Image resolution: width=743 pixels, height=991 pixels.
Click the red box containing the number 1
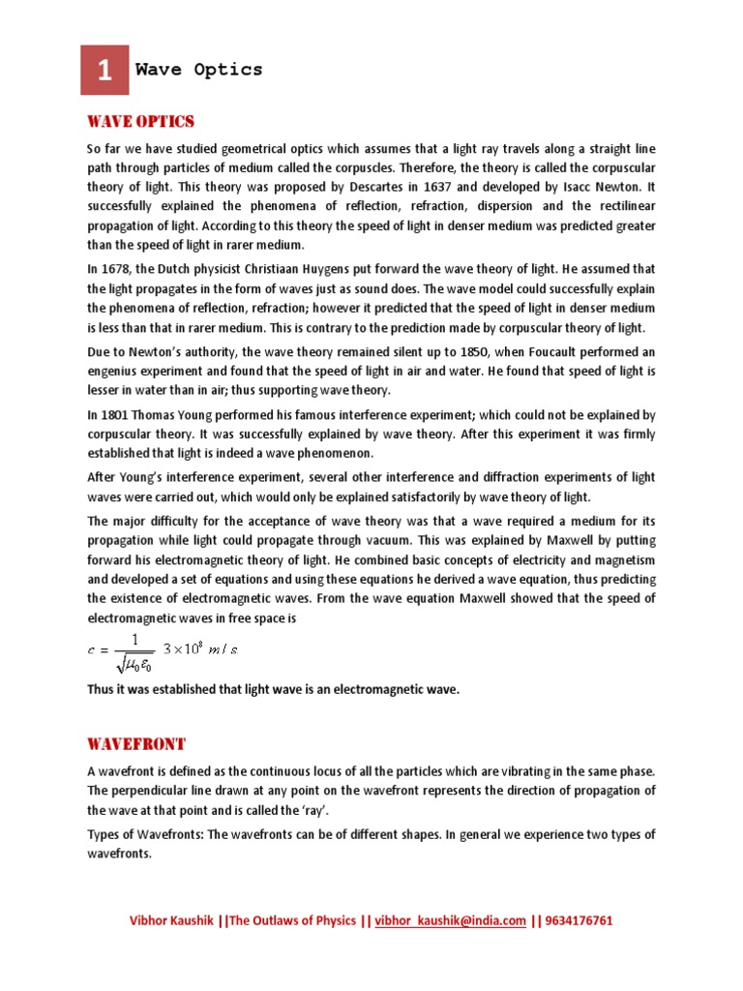pyautogui.click(x=104, y=70)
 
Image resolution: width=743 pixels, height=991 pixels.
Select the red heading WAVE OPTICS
pyautogui.click(x=140, y=121)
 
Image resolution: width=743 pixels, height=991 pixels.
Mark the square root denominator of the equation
pyautogui.click(x=135, y=662)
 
